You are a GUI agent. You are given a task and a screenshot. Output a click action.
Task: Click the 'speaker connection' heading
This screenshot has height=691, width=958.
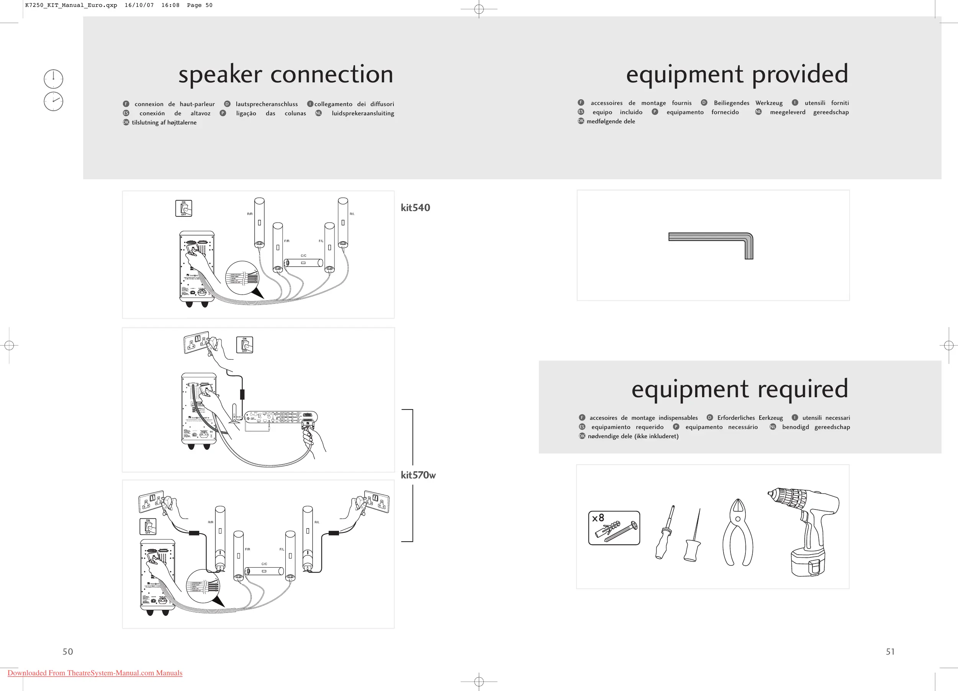[285, 74]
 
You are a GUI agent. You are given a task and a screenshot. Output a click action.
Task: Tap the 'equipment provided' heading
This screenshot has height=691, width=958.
[737, 74]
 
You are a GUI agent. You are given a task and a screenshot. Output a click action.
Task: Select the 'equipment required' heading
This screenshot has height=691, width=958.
[740, 389]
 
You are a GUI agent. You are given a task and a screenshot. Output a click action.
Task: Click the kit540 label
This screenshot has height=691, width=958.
[415, 208]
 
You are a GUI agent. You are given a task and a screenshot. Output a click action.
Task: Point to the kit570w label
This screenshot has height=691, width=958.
[418, 475]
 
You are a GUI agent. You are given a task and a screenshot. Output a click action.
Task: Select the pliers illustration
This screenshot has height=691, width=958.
[737, 533]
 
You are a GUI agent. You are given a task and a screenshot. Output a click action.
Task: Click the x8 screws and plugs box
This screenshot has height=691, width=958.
[614, 528]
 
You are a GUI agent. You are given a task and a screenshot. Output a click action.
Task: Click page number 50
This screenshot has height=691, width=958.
[67, 652]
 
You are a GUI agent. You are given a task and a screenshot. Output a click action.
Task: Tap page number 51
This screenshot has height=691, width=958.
[890, 652]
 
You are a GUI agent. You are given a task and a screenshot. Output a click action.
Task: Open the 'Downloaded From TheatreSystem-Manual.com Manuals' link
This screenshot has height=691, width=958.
[95, 673]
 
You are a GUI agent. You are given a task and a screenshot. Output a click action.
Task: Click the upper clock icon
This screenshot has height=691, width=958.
[54, 79]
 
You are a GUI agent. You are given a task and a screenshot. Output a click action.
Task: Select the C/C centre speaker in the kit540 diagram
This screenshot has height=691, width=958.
[303, 263]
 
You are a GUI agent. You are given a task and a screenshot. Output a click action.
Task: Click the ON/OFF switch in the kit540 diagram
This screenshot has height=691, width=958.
[184, 208]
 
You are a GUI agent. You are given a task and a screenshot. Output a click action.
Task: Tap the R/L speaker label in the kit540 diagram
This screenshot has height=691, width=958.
[352, 214]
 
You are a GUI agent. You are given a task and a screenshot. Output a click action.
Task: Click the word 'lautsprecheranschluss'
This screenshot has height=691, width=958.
[267, 104]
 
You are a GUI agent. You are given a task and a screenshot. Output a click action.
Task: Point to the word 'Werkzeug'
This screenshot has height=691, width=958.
[769, 103]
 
